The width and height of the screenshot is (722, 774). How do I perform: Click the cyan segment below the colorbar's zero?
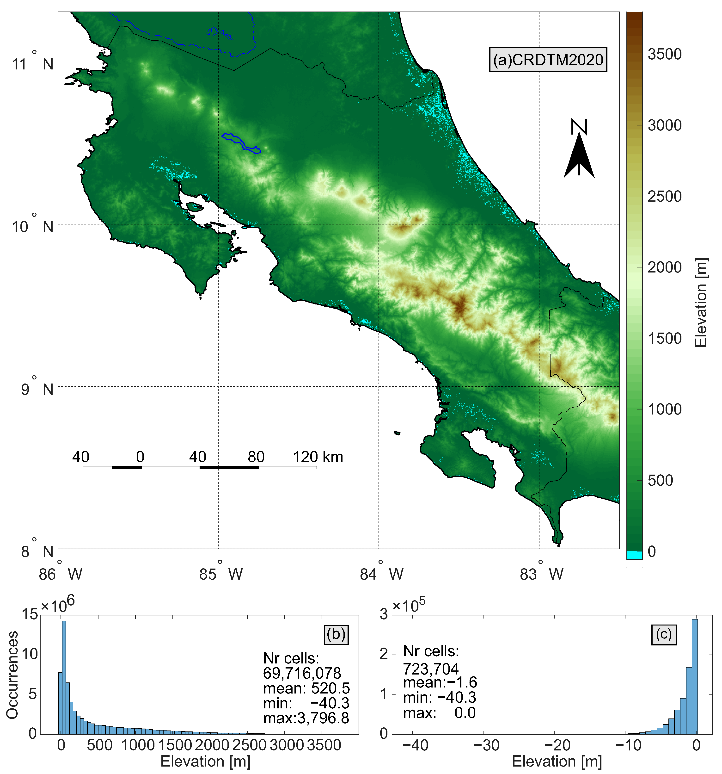(x=634, y=555)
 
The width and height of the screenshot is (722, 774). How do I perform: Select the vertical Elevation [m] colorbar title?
(x=701, y=303)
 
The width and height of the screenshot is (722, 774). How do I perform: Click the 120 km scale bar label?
(x=318, y=457)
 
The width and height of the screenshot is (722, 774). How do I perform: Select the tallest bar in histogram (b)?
(x=64, y=677)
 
